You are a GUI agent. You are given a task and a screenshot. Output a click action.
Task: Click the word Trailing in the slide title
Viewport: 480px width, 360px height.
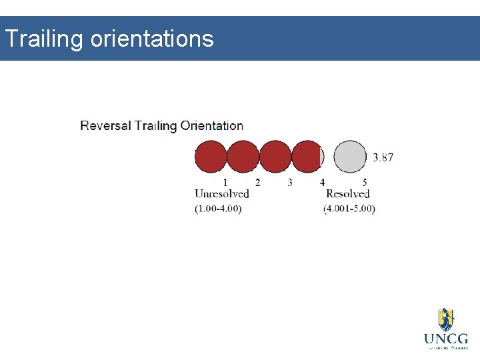tap(43, 39)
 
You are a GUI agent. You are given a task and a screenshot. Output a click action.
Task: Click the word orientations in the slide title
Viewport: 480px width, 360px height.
tap(151, 39)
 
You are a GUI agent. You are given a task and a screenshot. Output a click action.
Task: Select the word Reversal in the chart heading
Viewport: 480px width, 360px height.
tap(105, 125)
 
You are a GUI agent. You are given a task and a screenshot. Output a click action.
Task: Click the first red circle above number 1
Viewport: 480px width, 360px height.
tap(211, 157)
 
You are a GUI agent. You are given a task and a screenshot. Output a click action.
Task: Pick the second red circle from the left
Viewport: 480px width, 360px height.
tap(243, 157)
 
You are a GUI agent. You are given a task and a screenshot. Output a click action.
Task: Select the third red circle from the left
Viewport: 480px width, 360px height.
tap(275, 157)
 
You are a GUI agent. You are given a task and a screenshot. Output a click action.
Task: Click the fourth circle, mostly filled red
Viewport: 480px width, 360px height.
tap(307, 157)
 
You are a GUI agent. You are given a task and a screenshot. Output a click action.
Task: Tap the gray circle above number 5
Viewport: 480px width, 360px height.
tap(350, 157)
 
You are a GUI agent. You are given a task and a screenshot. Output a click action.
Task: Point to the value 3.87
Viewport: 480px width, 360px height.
tap(383, 158)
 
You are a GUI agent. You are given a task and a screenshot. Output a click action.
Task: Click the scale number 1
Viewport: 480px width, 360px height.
tap(225, 182)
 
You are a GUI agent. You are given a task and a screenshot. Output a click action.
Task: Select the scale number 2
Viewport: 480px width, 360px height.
tap(257, 182)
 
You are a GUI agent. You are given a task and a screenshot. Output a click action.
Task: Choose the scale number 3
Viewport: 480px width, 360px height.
tap(290, 182)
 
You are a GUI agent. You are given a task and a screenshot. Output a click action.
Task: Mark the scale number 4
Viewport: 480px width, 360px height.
tap(322, 182)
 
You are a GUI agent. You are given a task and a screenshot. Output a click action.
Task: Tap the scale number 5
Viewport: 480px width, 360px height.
tap(365, 182)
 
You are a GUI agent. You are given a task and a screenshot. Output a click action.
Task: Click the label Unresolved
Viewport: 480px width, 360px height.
tap(221, 194)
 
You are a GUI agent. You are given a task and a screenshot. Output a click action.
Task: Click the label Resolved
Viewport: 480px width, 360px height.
tap(347, 194)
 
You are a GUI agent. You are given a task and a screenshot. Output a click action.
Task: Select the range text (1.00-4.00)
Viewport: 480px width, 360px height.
tap(218, 209)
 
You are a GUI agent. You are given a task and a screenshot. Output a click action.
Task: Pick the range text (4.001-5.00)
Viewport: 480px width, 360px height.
tap(349, 209)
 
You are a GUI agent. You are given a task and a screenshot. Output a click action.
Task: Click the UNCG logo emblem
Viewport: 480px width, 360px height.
tap(445, 319)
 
